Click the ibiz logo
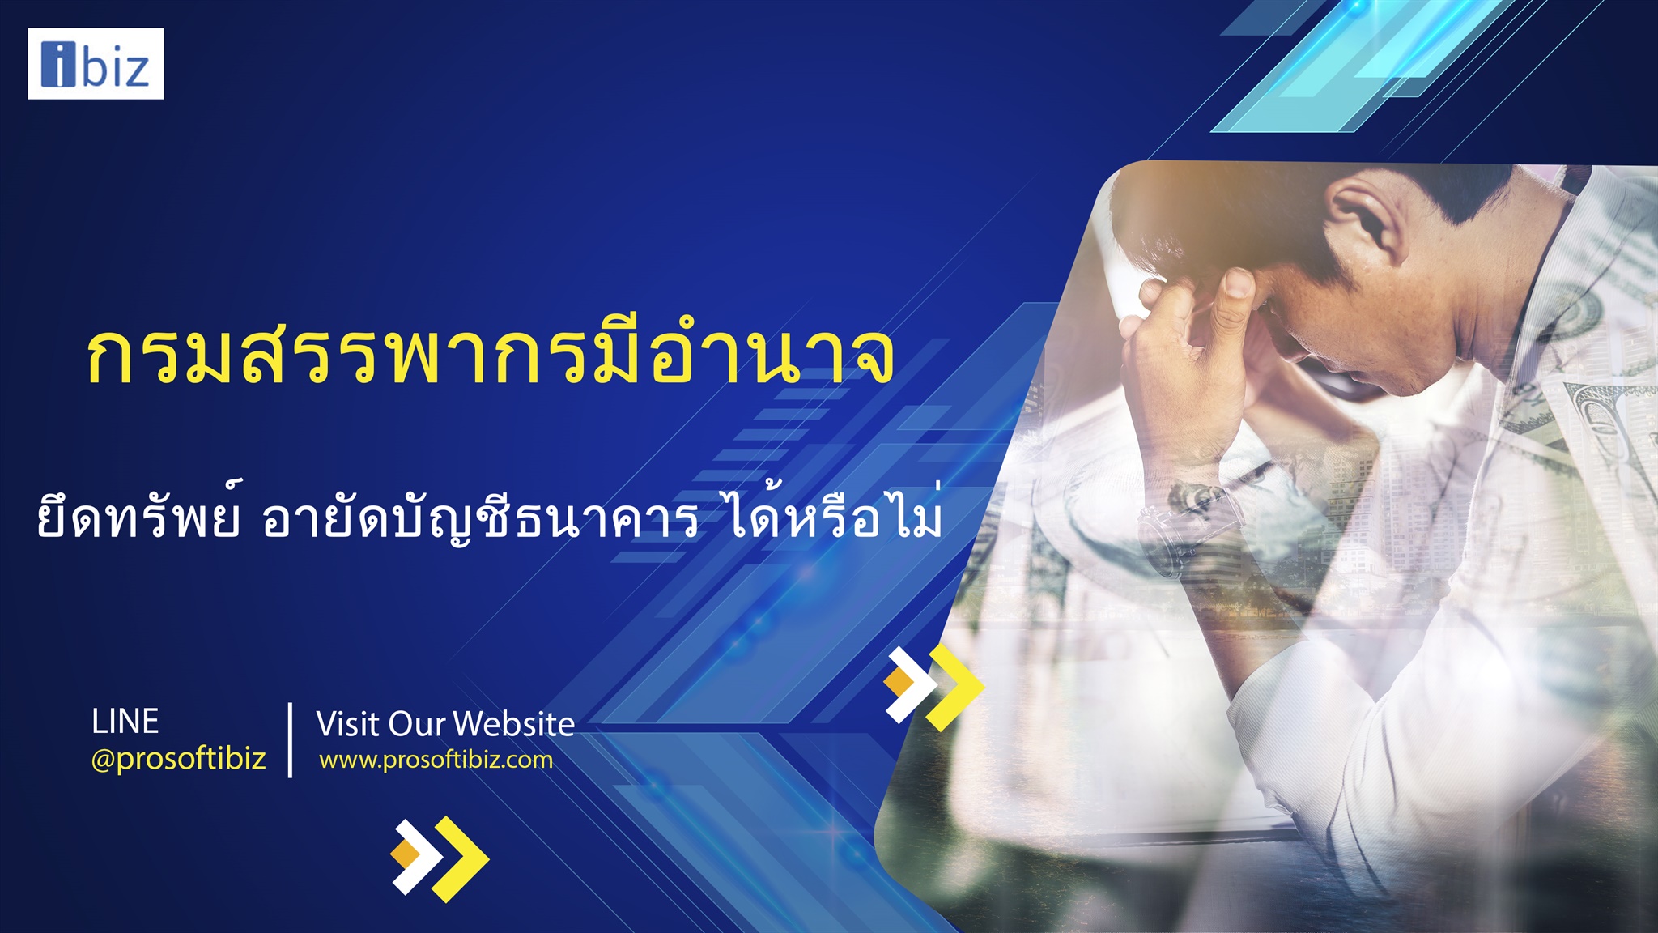point(96,64)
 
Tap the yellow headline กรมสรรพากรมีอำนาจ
point(491,356)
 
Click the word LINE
point(125,722)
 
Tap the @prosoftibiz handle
point(178,759)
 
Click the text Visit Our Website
point(445,723)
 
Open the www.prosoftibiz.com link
point(436,760)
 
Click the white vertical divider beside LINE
point(290,740)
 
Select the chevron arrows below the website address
point(440,859)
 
